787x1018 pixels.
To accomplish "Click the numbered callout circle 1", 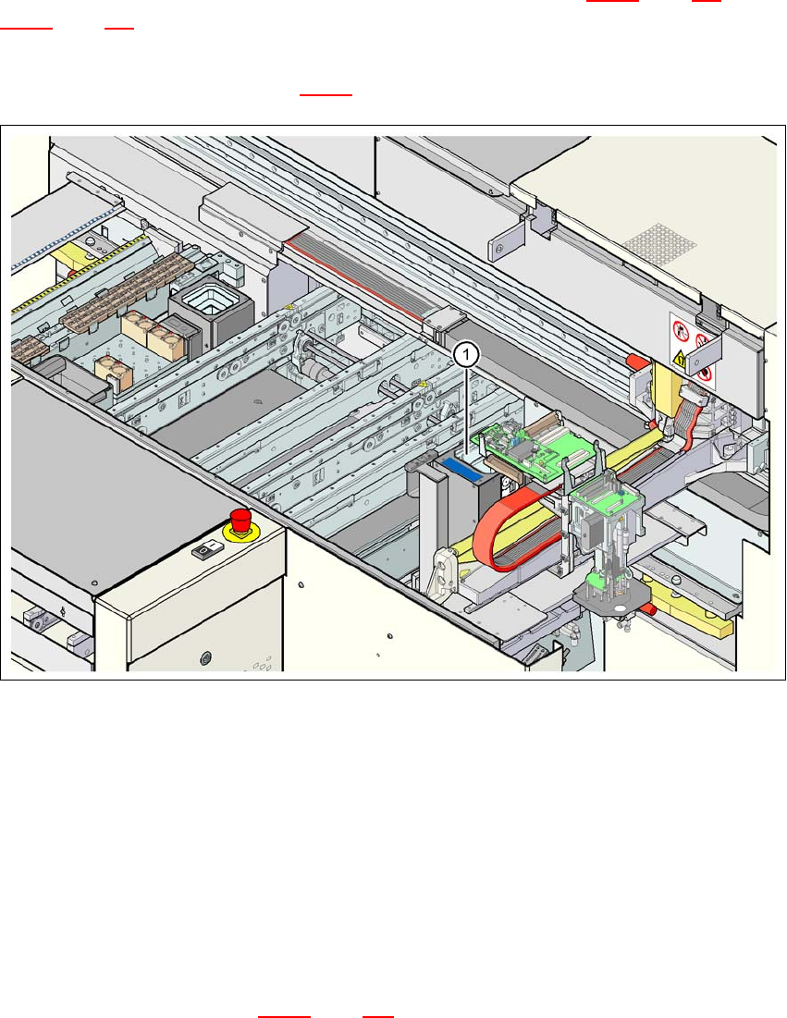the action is click(468, 352).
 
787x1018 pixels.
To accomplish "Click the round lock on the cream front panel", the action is click(205, 657).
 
